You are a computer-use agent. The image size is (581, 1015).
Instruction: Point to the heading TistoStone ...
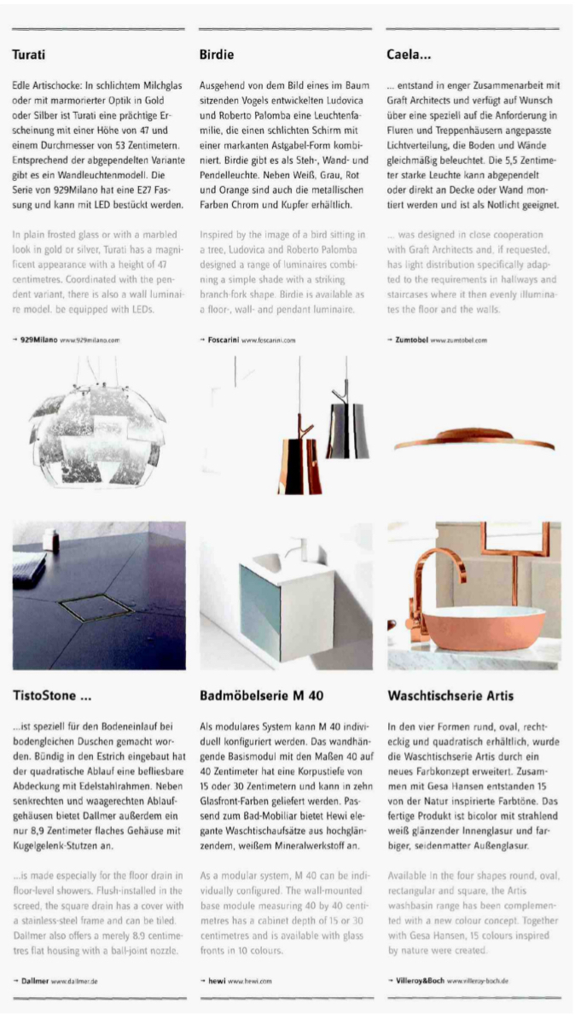[x=52, y=695]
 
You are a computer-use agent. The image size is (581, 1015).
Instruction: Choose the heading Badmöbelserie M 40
[x=261, y=695]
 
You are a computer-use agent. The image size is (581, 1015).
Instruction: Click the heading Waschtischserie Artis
[x=450, y=695]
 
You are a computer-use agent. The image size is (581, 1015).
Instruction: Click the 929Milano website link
[x=90, y=340]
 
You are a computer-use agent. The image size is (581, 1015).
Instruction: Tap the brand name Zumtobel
[x=415, y=340]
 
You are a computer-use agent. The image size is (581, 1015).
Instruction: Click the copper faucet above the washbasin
[x=427, y=563]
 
